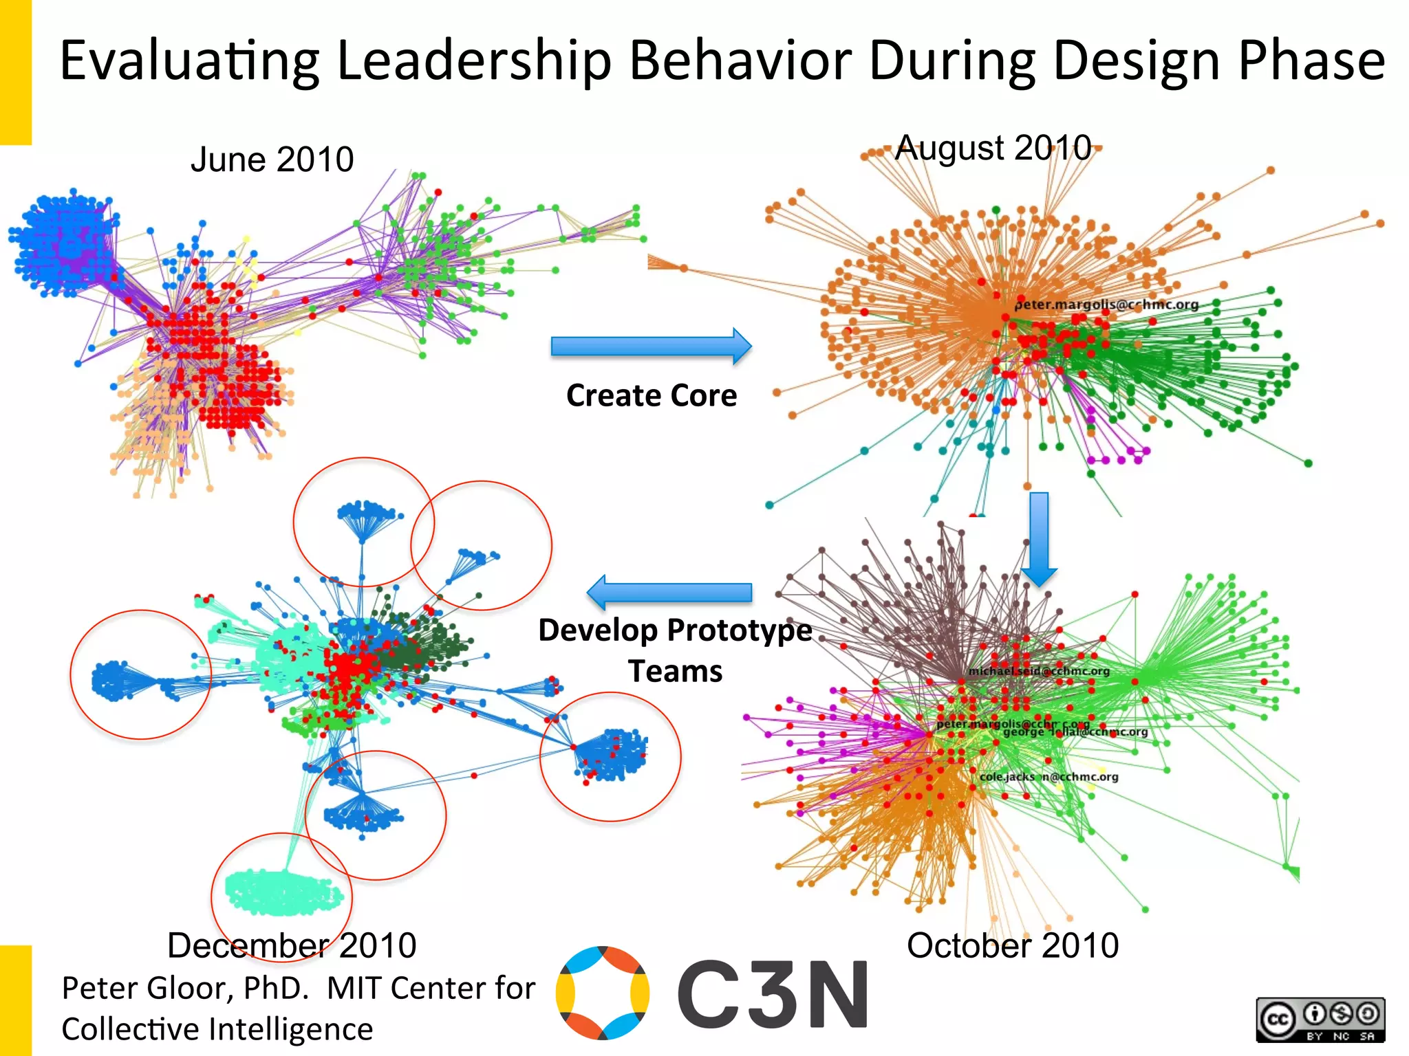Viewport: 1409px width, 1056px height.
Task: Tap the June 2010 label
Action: (x=272, y=159)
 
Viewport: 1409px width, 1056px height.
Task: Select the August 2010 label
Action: (x=993, y=148)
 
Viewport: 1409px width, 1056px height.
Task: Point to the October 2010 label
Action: (x=1012, y=945)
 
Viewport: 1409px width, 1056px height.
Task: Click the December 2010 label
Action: (x=292, y=945)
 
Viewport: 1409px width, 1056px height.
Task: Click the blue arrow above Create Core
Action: (x=650, y=346)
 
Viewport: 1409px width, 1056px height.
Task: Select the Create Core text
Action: (x=651, y=395)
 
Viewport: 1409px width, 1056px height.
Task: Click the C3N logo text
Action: (x=773, y=994)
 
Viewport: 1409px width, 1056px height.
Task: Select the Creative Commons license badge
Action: (x=1320, y=1020)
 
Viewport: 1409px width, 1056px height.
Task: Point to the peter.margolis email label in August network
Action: (x=1106, y=305)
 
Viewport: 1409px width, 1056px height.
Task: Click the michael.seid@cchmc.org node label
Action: (x=1039, y=671)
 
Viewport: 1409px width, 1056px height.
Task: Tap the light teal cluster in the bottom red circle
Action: (x=282, y=892)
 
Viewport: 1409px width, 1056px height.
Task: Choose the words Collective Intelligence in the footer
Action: (x=217, y=1029)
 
